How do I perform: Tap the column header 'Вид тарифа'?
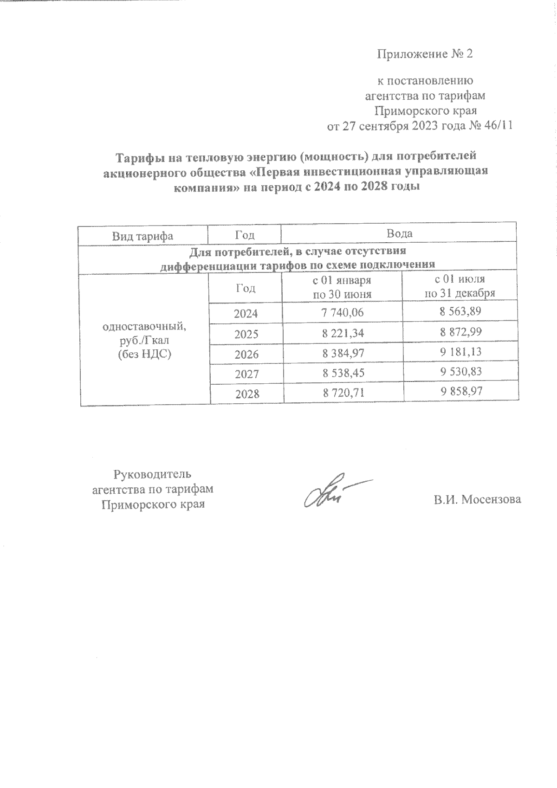tap(142, 235)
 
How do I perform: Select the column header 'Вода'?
tap(400, 233)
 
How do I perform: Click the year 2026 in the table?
tap(246, 355)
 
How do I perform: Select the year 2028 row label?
tap(246, 394)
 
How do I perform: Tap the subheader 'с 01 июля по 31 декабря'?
tap(460, 286)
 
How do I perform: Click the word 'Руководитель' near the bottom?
tap(152, 474)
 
